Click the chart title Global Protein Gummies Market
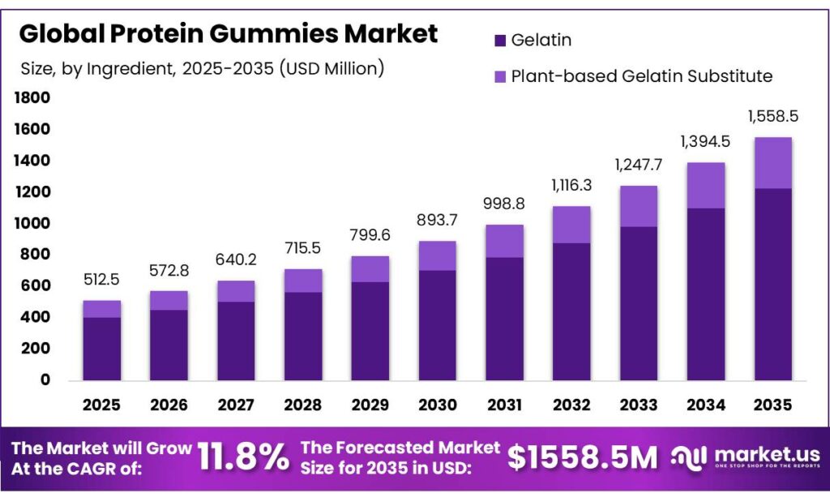click(x=228, y=34)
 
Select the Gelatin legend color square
click(x=499, y=39)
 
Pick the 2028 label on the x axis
click(x=303, y=405)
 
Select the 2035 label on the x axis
click(x=772, y=405)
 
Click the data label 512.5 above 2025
click(x=102, y=280)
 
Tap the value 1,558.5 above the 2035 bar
click(x=772, y=116)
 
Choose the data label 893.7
click(x=437, y=221)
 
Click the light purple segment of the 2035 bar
click(x=772, y=163)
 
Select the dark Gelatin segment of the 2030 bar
click(x=437, y=324)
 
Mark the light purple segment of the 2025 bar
click(x=102, y=309)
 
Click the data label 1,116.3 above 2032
click(x=571, y=185)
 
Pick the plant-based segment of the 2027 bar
click(x=236, y=291)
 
